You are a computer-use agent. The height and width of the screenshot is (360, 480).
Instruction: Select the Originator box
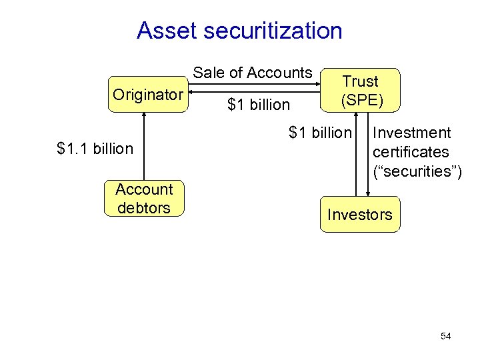point(147,95)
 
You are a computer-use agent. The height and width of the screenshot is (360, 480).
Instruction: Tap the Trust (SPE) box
point(360,91)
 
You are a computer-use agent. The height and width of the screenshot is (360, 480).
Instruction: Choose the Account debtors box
point(143,199)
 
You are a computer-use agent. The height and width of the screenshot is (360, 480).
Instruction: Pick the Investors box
point(360,215)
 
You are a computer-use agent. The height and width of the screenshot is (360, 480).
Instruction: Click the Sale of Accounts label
point(253,73)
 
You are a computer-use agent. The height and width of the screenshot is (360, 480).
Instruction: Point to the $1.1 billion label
point(95,149)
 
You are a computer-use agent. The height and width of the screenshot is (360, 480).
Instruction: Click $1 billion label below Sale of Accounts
point(259,105)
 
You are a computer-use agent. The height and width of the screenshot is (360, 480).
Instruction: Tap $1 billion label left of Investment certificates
point(319,133)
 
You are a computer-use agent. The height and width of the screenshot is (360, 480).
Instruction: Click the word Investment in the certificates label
point(412,133)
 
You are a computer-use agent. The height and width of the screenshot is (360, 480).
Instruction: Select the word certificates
point(411,152)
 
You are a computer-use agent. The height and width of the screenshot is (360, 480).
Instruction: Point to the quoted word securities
point(415,171)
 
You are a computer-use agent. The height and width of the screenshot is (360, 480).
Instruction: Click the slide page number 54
point(446,337)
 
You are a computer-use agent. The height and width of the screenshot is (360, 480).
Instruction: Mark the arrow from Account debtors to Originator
point(144,147)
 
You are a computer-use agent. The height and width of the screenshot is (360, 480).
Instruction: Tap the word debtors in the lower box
point(143,208)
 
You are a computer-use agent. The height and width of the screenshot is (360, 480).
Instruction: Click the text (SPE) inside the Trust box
point(360,100)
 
